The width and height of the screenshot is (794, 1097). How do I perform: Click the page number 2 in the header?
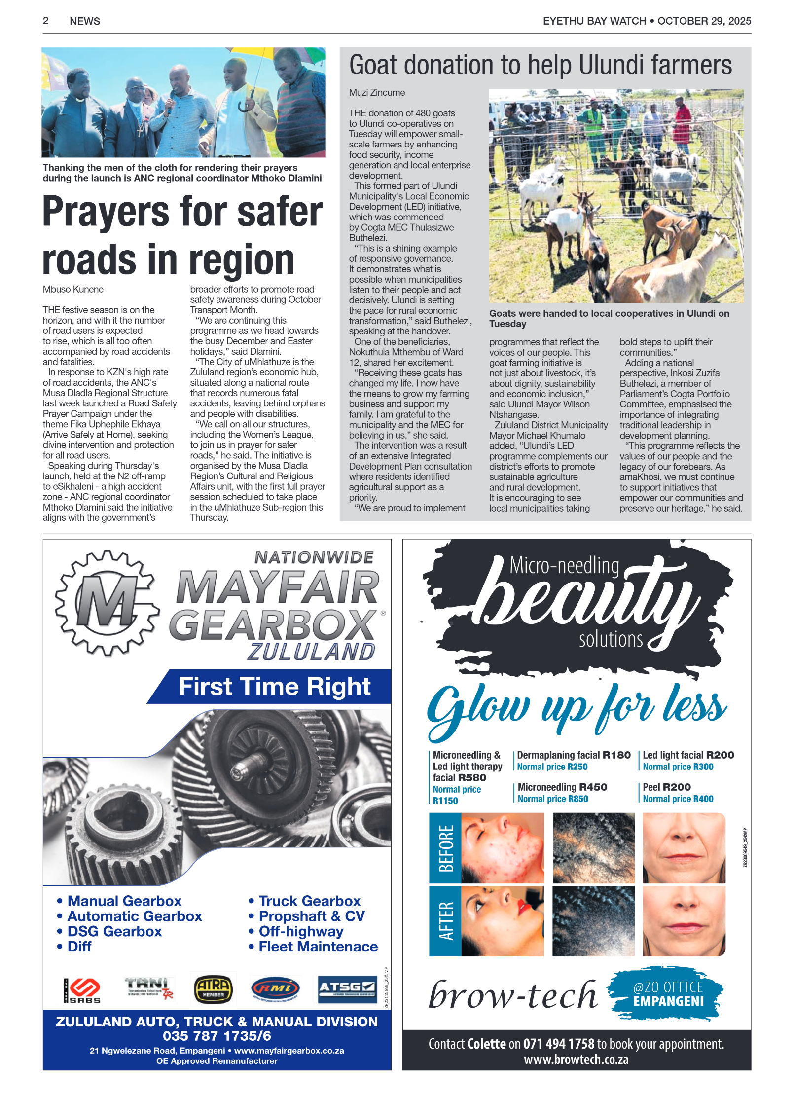45,21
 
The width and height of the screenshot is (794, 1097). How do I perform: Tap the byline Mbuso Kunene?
73,289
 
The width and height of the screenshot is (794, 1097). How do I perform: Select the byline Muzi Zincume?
377,92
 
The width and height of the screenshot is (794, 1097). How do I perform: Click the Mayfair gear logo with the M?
107,603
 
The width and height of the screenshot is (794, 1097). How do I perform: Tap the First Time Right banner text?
274,686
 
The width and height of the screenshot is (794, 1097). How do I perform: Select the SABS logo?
82,990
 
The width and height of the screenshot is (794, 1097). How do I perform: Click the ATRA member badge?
213,989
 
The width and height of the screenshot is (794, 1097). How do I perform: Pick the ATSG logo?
347,989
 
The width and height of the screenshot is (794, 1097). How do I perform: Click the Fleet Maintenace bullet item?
318,947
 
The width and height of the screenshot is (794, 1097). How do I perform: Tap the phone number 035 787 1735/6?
217,1035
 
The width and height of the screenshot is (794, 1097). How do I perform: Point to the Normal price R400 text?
678,799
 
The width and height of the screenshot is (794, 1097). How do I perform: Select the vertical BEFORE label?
445,848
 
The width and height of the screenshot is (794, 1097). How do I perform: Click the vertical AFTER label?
445,920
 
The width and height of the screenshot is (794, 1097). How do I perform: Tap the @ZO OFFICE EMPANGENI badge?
667,994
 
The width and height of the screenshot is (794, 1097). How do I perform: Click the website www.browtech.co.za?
576,1059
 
